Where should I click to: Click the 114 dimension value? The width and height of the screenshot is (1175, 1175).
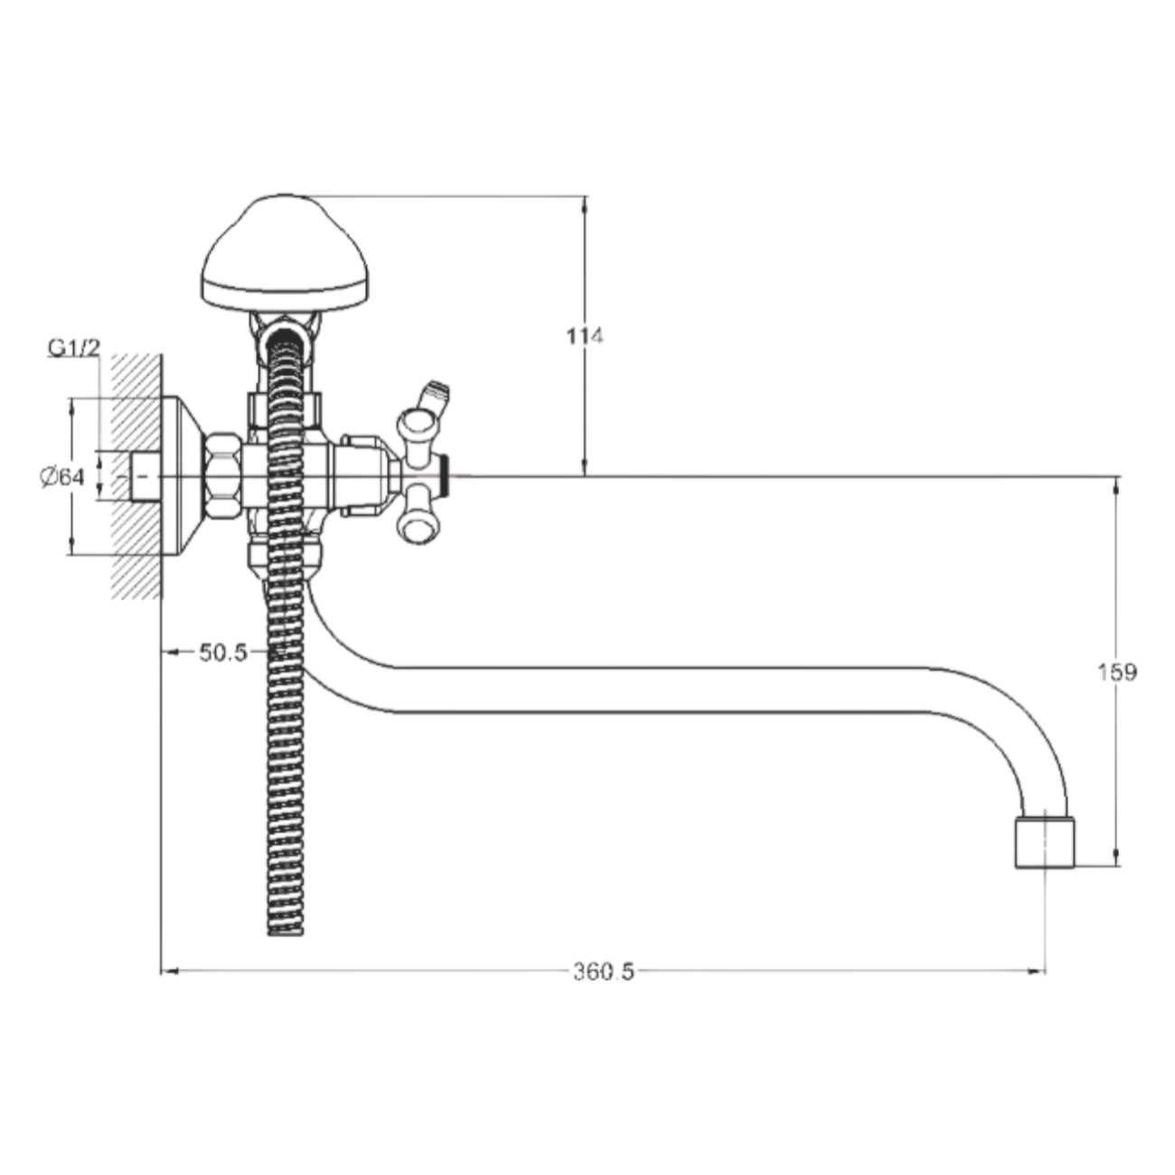tap(585, 336)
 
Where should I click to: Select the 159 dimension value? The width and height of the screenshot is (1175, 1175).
tap(1117, 672)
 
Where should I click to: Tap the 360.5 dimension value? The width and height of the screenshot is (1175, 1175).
tap(604, 972)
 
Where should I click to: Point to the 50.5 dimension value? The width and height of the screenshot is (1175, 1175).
tap(223, 653)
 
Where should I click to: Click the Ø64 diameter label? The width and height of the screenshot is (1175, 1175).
tap(62, 476)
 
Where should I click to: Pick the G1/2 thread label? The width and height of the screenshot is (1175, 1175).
tap(73, 348)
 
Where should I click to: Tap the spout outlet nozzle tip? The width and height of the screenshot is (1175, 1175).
tap(1045, 843)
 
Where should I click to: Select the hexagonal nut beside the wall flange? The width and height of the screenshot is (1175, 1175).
tap(222, 476)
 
